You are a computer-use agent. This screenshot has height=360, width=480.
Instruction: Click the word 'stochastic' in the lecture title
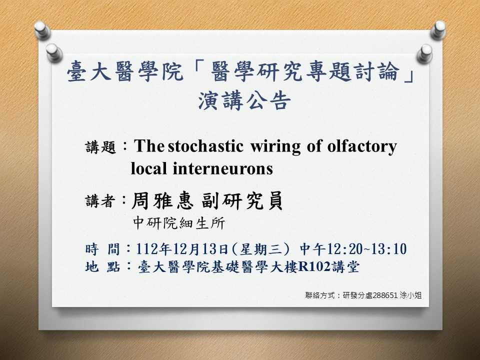point(205,146)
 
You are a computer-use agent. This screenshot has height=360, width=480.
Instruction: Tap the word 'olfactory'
point(362,146)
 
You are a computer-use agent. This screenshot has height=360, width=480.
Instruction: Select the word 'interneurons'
point(223,168)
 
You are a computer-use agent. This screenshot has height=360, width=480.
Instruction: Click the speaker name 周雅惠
point(162,201)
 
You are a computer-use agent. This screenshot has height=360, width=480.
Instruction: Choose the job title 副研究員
point(242,201)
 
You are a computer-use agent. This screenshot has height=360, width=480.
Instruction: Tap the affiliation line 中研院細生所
point(179,223)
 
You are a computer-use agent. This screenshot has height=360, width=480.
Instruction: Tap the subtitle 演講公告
point(244,100)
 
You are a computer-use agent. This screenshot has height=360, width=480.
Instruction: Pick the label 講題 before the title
point(100,147)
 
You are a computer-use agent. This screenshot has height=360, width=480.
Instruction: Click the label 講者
point(100,201)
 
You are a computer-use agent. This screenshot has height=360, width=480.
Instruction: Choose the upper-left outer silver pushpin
point(42,30)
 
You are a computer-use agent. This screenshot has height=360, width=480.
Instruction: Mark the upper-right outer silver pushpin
point(438,30)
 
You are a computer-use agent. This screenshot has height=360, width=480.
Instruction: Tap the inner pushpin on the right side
point(425,54)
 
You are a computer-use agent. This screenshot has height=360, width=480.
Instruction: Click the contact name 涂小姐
point(411,295)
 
